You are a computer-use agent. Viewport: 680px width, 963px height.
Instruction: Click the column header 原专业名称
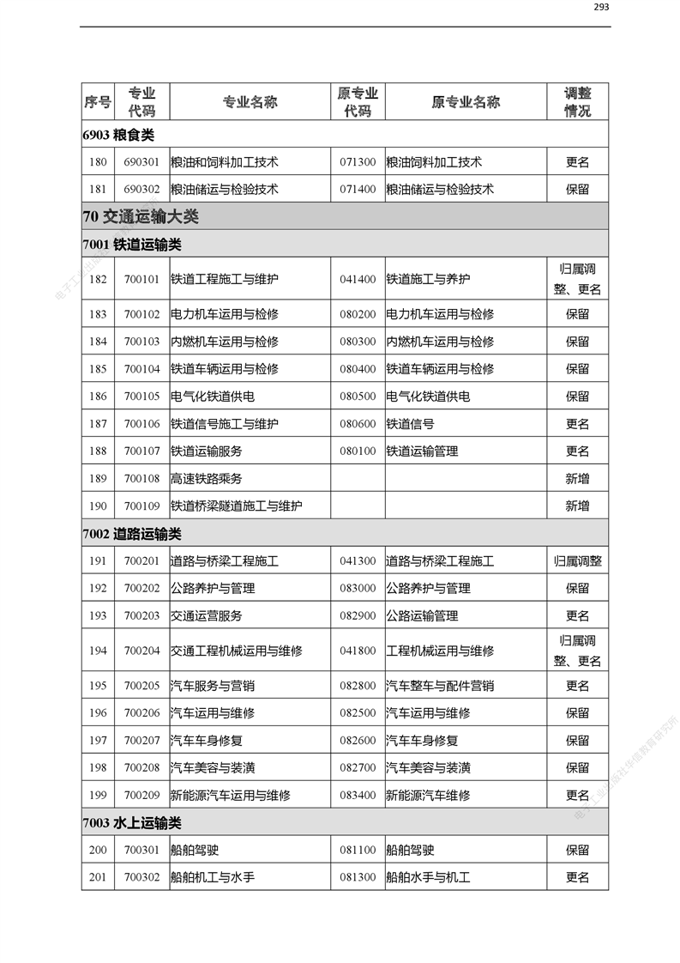coord(466,102)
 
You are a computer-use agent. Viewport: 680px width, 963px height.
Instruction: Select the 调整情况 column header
coord(577,102)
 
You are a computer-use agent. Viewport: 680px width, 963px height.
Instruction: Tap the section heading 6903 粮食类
coord(118,135)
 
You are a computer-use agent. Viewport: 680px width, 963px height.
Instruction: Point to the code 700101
coord(141,280)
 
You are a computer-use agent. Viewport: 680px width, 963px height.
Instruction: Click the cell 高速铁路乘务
coord(206,479)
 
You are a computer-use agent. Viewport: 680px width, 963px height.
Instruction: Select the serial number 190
coord(98,506)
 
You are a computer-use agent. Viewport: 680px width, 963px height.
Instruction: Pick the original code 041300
coord(358,561)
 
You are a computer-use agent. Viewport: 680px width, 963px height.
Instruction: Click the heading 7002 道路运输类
coord(132,534)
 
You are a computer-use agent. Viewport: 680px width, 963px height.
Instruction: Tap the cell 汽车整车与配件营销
coord(439,686)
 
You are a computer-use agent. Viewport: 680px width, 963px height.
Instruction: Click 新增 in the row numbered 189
coord(577,479)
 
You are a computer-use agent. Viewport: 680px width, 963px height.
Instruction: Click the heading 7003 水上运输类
coord(132,823)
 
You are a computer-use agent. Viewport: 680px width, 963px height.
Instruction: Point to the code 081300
coord(358,877)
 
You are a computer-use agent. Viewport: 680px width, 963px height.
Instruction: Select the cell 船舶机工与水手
coord(213,877)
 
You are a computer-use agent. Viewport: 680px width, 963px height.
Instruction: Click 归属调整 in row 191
coord(577,561)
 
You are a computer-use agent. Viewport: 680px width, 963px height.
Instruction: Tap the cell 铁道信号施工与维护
coord(224,424)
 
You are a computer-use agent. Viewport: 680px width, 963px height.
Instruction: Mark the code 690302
coord(141,190)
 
